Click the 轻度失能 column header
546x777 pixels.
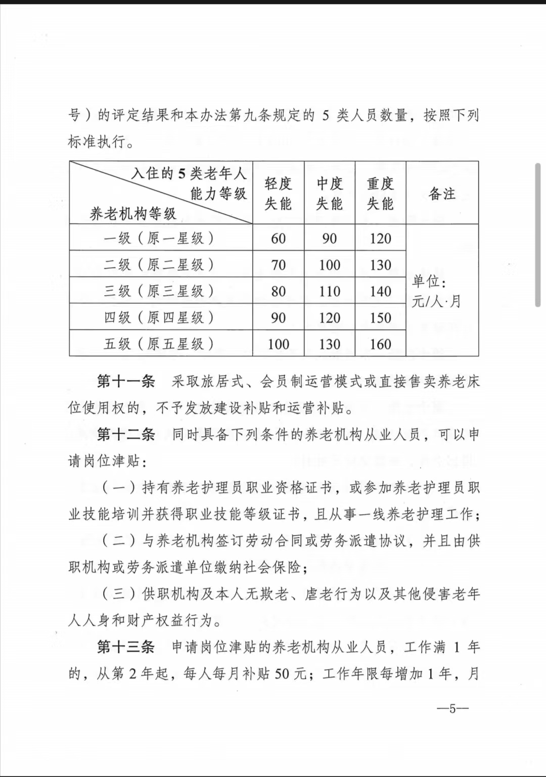tap(278, 193)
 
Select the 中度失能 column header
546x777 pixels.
tap(329, 193)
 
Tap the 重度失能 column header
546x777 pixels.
tap(380, 193)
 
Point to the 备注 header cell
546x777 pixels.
tap(442, 193)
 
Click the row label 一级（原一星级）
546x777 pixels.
tap(160, 238)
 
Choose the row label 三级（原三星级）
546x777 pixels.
tap(160, 291)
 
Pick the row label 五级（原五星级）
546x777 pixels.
tap(160, 344)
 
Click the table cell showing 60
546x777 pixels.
tap(278, 238)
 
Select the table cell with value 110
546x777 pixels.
tap(329, 291)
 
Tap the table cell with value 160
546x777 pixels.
tap(380, 344)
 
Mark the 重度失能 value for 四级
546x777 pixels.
tap(380, 318)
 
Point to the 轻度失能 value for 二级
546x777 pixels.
tap(278, 265)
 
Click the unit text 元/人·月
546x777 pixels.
tap(436, 302)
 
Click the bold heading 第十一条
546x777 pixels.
tap(126, 381)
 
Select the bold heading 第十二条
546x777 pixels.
tap(126, 434)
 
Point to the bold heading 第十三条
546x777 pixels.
tap(126, 647)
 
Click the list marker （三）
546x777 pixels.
tap(119, 593)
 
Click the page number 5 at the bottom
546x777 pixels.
tap(452, 709)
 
